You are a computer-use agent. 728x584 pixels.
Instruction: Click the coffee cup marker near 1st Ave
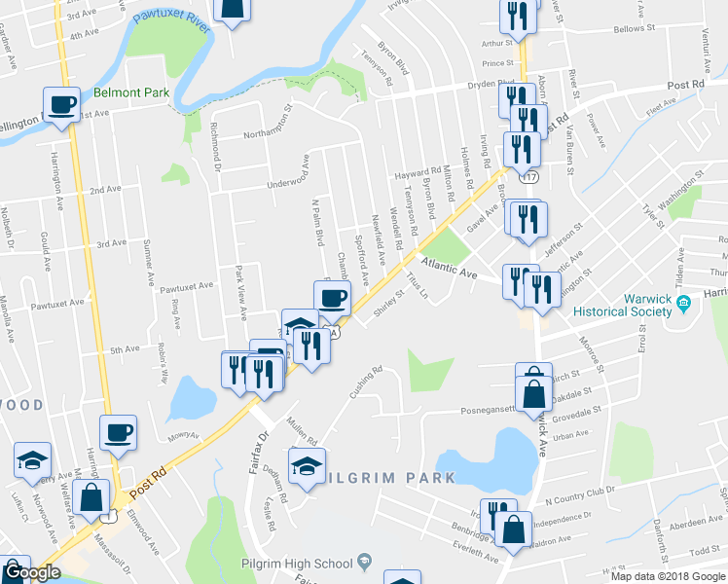point(60,105)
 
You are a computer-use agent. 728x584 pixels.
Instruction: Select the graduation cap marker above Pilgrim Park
point(307,464)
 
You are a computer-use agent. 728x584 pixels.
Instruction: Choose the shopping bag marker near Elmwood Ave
point(91,496)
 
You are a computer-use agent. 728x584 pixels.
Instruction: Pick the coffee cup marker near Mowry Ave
point(118,433)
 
